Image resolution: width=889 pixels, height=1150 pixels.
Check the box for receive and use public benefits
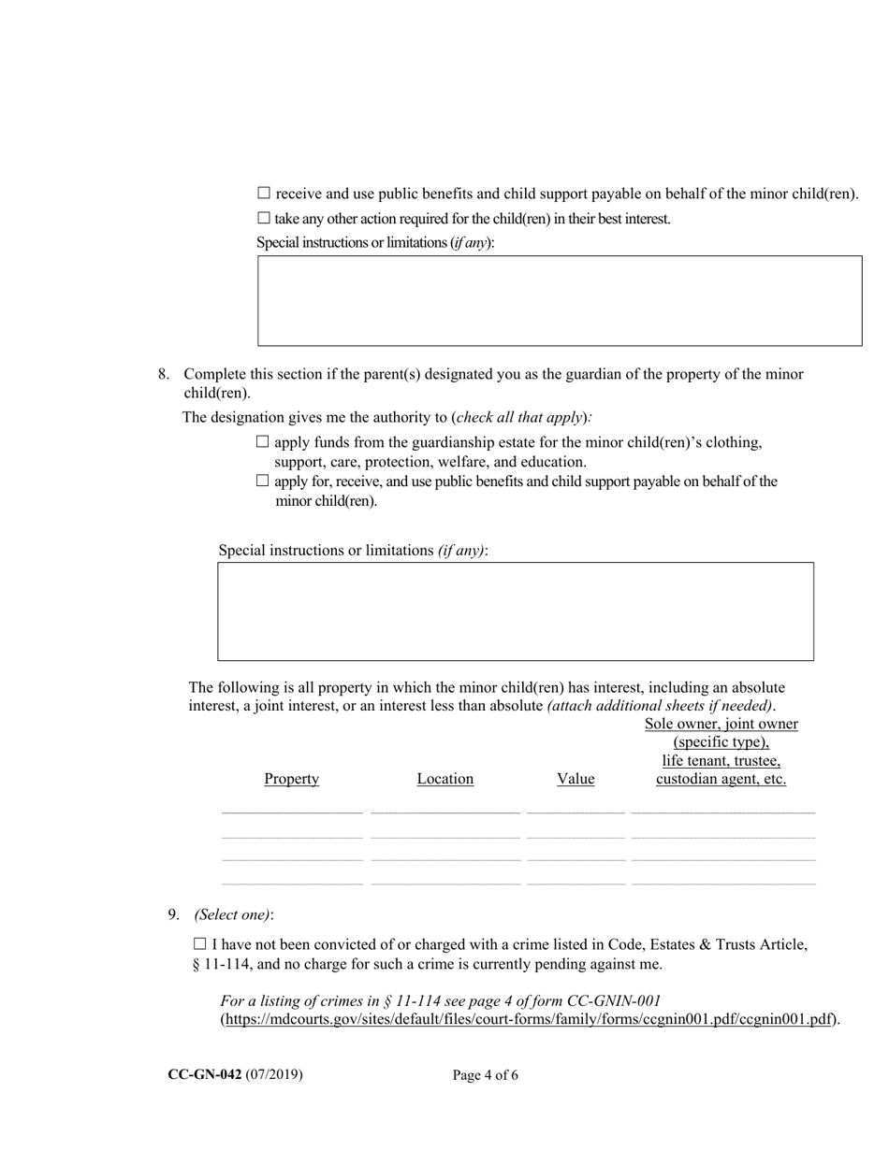pos(264,194)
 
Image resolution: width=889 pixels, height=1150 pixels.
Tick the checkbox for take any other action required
pos(264,219)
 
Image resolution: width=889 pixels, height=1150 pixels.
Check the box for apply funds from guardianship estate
pos(263,442)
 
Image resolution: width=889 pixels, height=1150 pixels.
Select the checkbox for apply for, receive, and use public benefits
pos(263,482)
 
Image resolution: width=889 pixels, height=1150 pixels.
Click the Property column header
pos(291,779)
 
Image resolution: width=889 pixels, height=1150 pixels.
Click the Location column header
pos(444,779)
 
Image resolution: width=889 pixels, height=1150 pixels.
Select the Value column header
pos(576,779)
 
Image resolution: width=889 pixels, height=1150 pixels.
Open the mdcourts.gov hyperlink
pos(529,1020)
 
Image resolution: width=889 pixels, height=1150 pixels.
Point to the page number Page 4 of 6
pos(486,1075)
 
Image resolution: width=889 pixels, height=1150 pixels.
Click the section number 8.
pos(163,374)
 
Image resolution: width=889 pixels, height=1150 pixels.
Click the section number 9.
pos(173,915)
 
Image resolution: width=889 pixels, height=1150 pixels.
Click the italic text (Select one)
pos(233,915)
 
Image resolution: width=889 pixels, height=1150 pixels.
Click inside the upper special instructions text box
pos(560,301)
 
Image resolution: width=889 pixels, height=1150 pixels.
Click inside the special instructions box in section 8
pos(516,611)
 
